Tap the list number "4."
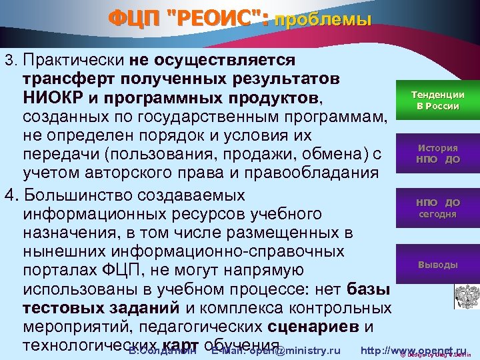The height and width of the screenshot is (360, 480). point(11,196)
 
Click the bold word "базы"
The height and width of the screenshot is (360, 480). point(369,289)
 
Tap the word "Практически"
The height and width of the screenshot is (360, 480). point(73,60)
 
